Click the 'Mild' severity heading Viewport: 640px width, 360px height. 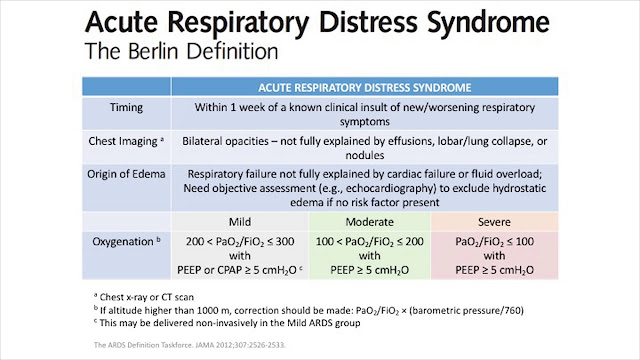coord(238,218)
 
